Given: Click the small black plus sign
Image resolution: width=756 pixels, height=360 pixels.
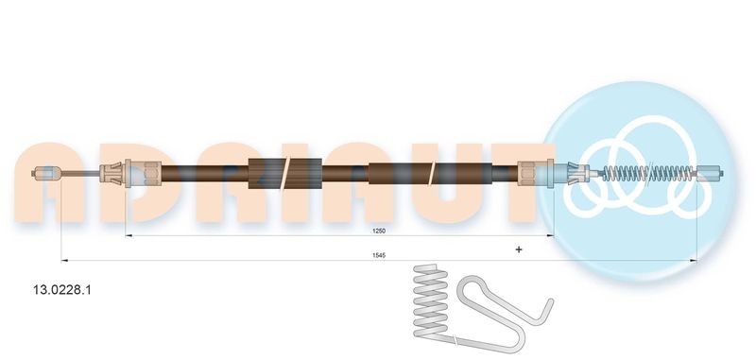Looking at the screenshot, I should pyautogui.click(x=518, y=249).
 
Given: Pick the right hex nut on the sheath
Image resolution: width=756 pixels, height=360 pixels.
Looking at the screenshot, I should pyautogui.click(x=533, y=174).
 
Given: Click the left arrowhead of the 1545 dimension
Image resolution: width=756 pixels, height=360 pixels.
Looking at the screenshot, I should pyautogui.click(x=63, y=258).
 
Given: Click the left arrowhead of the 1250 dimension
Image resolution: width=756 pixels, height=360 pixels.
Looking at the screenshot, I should pyautogui.click(x=129, y=236).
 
